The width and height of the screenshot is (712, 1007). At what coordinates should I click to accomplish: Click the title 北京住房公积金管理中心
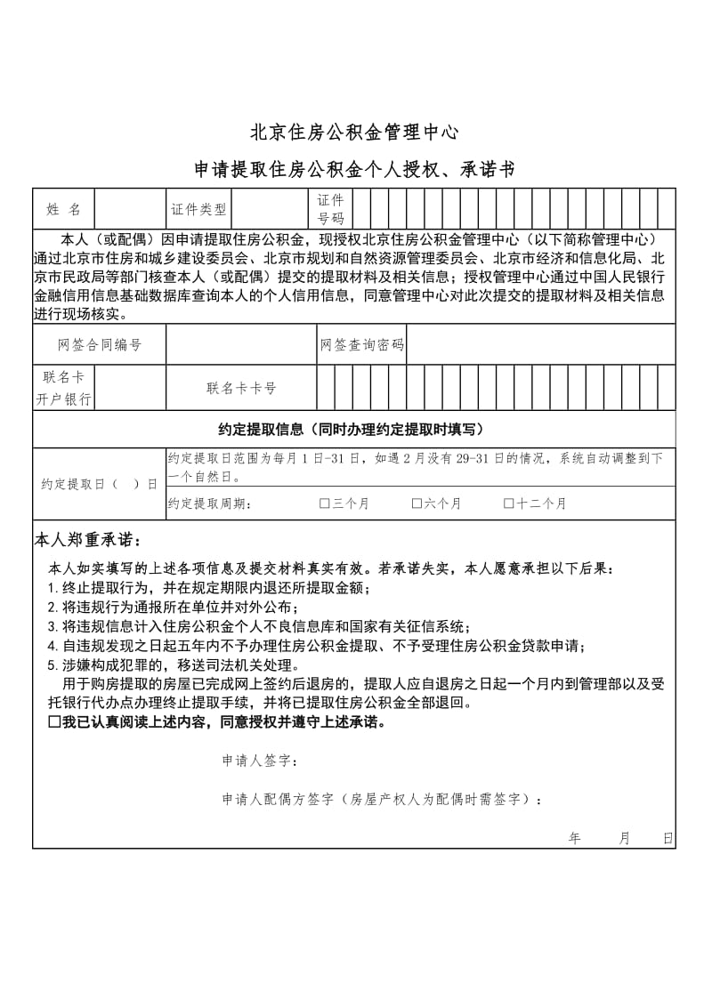pyautogui.click(x=355, y=133)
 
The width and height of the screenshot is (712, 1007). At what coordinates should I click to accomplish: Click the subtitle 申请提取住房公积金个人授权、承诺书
pyautogui.click(x=355, y=169)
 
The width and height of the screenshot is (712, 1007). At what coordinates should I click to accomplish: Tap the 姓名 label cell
pyautogui.click(x=63, y=209)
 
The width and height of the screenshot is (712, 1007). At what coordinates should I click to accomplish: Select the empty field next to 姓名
pyautogui.click(x=129, y=209)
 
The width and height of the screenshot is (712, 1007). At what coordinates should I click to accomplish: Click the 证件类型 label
pyautogui.click(x=198, y=210)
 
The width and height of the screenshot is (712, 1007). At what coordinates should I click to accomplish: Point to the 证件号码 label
pyautogui.click(x=330, y=209)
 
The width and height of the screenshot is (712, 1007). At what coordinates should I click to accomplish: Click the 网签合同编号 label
pyautogui.click(x=99, y=345)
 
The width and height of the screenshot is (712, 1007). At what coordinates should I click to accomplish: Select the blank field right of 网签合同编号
pyautogui.click(x=241, y=345)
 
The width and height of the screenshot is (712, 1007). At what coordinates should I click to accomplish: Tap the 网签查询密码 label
pyautogui.click(x=361, y=345)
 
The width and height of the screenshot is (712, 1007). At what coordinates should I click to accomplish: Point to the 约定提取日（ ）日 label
pyautogui.click(x=99, y=484)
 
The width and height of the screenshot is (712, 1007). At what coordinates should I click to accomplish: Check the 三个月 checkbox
pyautogui.click(x=325, y=503)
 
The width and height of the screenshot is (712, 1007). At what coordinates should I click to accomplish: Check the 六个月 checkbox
pyautogui.click(x=417, y=503)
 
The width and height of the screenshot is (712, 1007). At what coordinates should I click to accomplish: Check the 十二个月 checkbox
pyautogui.click(x=509, y=503)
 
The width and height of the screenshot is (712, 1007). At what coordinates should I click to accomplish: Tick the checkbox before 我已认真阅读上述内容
pyautogui.click(x=54, y=722)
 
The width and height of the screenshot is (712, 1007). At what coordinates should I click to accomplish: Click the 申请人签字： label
pyautogui.click(x=260, y=761)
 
